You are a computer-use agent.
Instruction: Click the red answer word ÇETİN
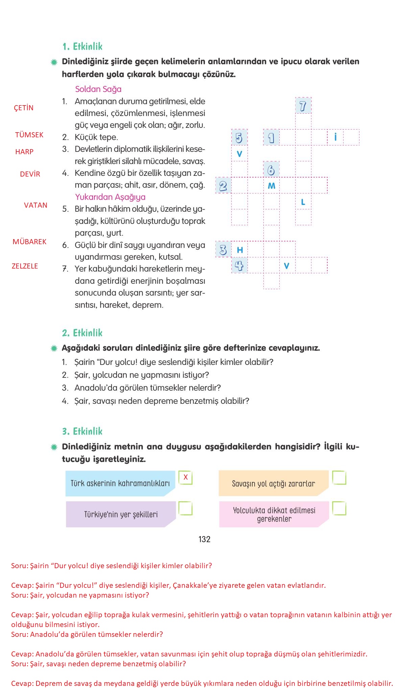pos(24,108)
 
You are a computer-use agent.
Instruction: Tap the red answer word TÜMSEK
pos(29,135)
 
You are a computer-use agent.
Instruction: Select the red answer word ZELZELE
pos(25,266)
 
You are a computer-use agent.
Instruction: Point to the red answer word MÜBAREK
pos(29,242)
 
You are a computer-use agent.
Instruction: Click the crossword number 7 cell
pos(303,106)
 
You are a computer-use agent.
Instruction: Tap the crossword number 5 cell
pos(239,138)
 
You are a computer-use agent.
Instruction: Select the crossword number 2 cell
pos(223,186)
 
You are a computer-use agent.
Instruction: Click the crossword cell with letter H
pos(240,250)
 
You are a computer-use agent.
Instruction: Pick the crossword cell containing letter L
pos(303,202)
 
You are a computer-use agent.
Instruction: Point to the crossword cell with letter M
pos(272,186)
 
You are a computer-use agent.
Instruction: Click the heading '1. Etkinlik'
pos(82,47)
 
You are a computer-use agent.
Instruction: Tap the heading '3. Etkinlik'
pos(82,431)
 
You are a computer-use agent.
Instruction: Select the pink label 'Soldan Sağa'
pos(98,89)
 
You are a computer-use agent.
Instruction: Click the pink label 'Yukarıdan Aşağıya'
pos(110,197)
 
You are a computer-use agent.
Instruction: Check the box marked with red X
pos(185,478)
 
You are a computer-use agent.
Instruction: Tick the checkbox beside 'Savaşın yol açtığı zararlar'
pos(339,478)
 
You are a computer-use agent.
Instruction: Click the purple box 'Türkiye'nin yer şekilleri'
pos(121,514)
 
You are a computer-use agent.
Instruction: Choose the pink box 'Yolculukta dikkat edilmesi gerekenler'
pos(274,514)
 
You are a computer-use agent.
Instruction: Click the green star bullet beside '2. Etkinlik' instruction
pos(54,348)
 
